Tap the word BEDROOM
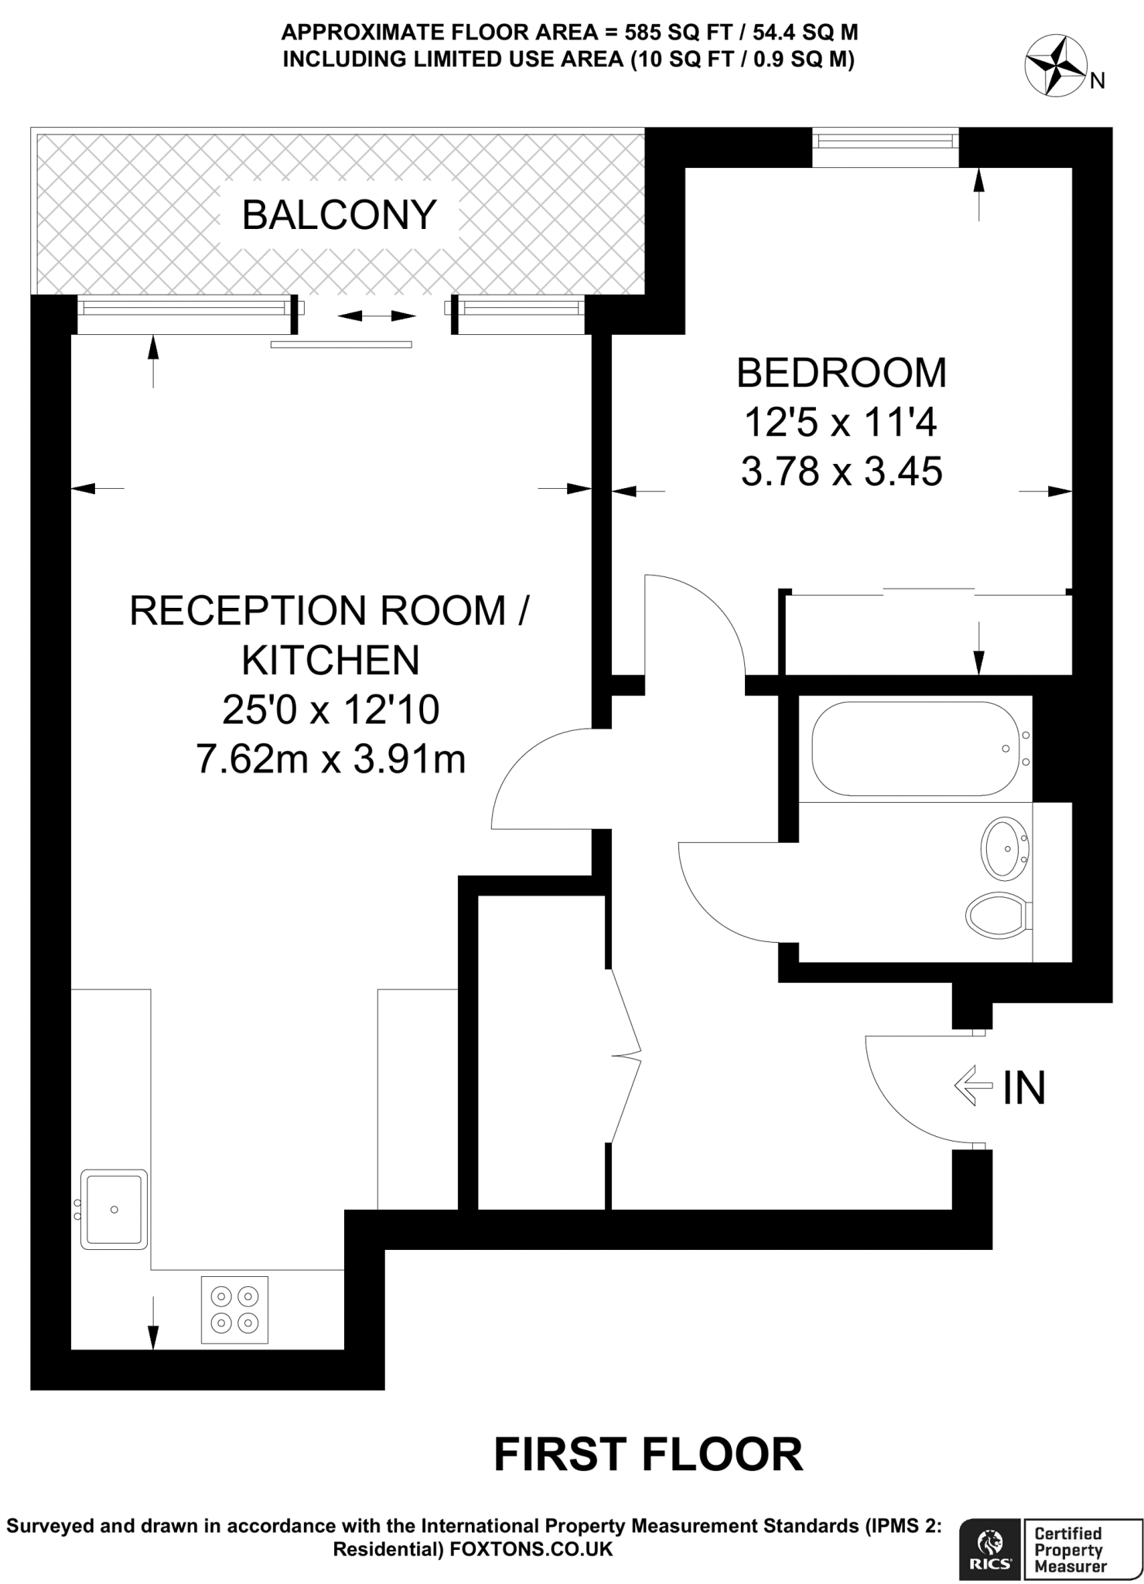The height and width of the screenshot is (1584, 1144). (x=841, y=373)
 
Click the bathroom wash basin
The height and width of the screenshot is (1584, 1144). (x=1004, y=848)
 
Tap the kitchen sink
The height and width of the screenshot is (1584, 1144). (x=114, y=1209)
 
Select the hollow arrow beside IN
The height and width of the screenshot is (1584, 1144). (x=973, y=1087)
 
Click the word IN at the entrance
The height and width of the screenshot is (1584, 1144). (x=1024, y=1087)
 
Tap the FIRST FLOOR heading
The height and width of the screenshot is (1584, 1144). (x=648, y=1455)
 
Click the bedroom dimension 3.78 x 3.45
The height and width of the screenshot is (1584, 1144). (x=841, y=471)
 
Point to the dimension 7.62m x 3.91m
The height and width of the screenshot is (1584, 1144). (x=331, y=760)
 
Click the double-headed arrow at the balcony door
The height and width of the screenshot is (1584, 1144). (x=377, y=316)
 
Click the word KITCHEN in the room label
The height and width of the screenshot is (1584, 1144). (x=331, y=660)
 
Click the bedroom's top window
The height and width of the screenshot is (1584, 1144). (x=885, y=142)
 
